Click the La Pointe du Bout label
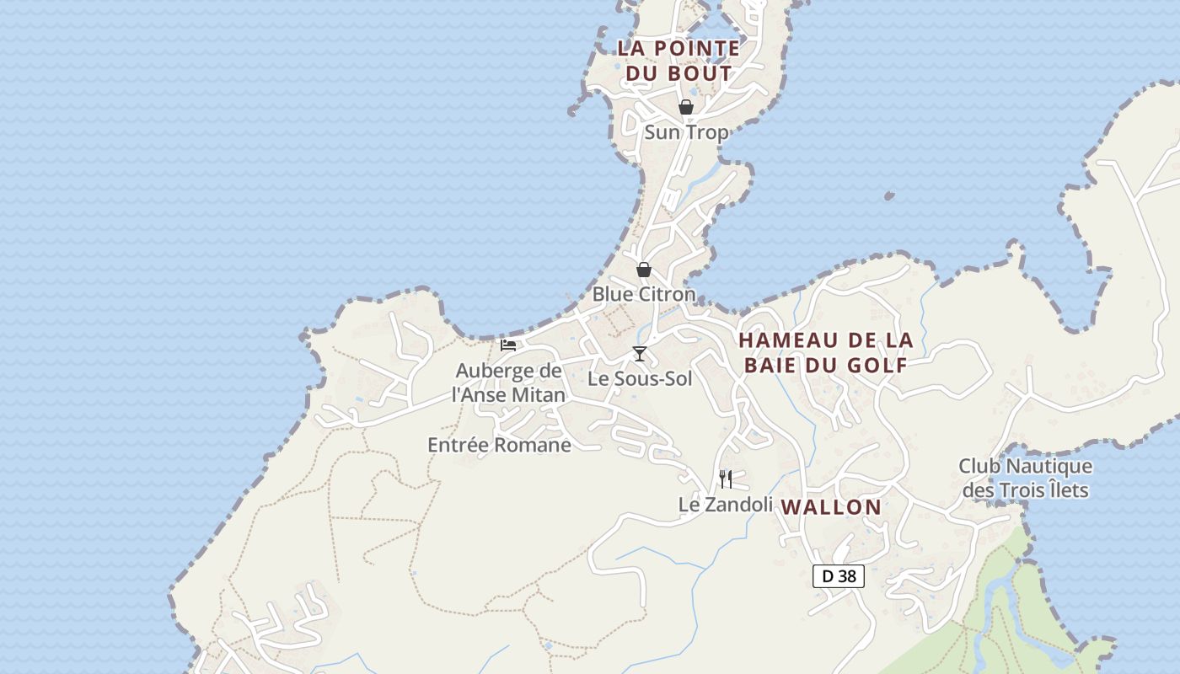click(x=678, y=61)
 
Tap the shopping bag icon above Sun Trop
click(x=686, y=107)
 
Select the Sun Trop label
click(x=686, y=132)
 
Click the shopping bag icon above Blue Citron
click(x=644, y=270)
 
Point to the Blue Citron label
click(x=644, y=294)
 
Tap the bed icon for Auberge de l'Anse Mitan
click(x=508, y=345)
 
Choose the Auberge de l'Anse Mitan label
click(x=507, y=382)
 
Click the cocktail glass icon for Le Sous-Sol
click(x=640, y=354)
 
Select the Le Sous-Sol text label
click(x=640, y=379)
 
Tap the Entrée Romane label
click(x=499, y=445)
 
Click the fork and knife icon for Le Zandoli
click(x=726, y=479)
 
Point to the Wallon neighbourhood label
click(x=831, y=507)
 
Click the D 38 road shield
click(x=839, y=576)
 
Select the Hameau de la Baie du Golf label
click(x=826, y=352)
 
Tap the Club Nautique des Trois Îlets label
click(x=1025, y=478)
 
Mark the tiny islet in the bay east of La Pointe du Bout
click(x=889, y=196)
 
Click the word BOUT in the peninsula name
click(x=701, y=73)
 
